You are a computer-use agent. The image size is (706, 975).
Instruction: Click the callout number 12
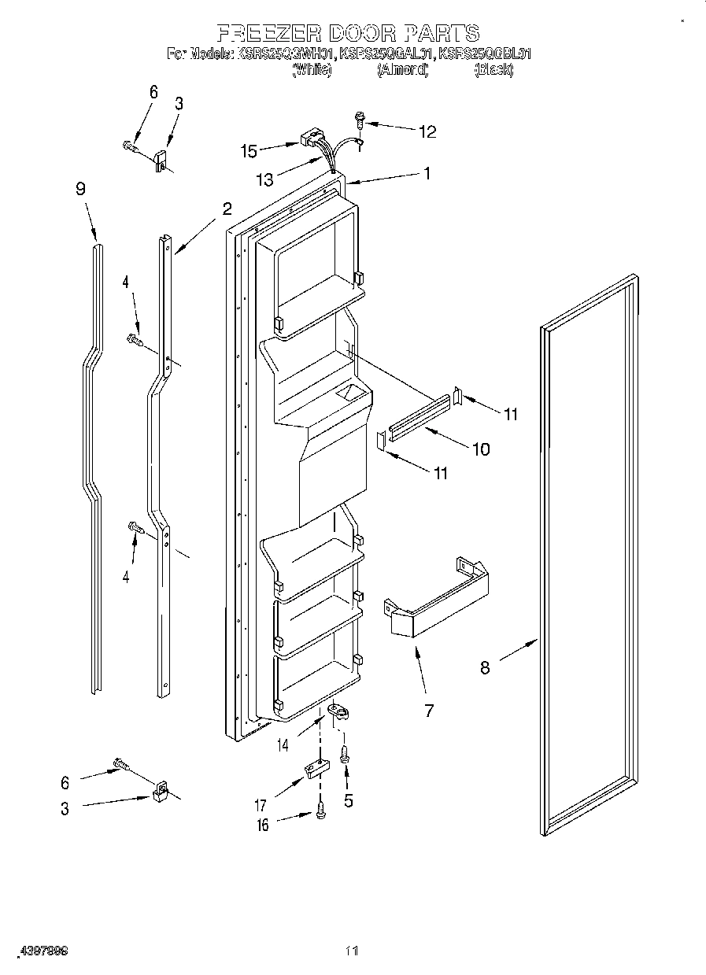(427, 131)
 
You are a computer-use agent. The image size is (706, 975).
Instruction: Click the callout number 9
(80, 189)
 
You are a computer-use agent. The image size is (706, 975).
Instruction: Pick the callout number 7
(429, 711)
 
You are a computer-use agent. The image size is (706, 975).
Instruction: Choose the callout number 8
(485, 668)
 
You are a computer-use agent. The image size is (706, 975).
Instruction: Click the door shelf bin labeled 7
(436, 597)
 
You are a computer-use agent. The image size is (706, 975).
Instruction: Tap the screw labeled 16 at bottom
(320, 811)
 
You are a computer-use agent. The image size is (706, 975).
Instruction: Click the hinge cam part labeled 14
(338, 711)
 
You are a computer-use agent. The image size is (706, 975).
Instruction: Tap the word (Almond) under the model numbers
(402, 70)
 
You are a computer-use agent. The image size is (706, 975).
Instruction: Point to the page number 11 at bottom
(352, 951)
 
